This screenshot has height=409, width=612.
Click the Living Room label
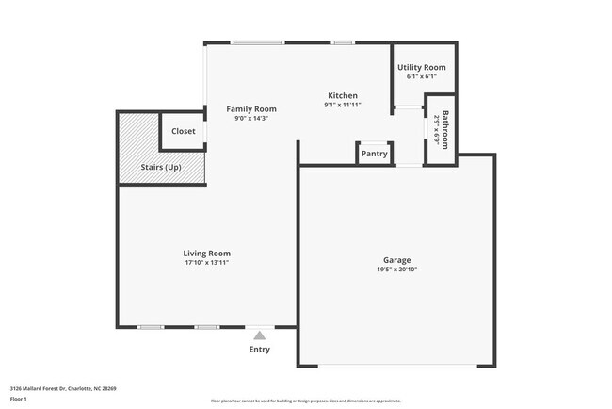206,254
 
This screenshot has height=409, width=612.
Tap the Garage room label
396,260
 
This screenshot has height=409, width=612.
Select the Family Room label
251,109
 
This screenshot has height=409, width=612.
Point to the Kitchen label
343,96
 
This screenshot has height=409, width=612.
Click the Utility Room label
421,68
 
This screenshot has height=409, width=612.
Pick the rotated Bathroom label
446,130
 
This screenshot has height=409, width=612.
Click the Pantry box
374,154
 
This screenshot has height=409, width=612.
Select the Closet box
184,132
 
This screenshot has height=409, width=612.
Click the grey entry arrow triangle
259,335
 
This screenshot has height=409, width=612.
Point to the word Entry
259,350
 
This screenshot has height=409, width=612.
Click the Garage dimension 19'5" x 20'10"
396,270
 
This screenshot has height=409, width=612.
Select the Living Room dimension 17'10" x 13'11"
206,263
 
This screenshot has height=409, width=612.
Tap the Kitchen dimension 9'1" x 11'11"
343,106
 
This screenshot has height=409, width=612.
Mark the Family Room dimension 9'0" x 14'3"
251,119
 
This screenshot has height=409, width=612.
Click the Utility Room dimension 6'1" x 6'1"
421,77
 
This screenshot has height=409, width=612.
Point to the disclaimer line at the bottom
305,401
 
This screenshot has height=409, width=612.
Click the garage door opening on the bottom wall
396,366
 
